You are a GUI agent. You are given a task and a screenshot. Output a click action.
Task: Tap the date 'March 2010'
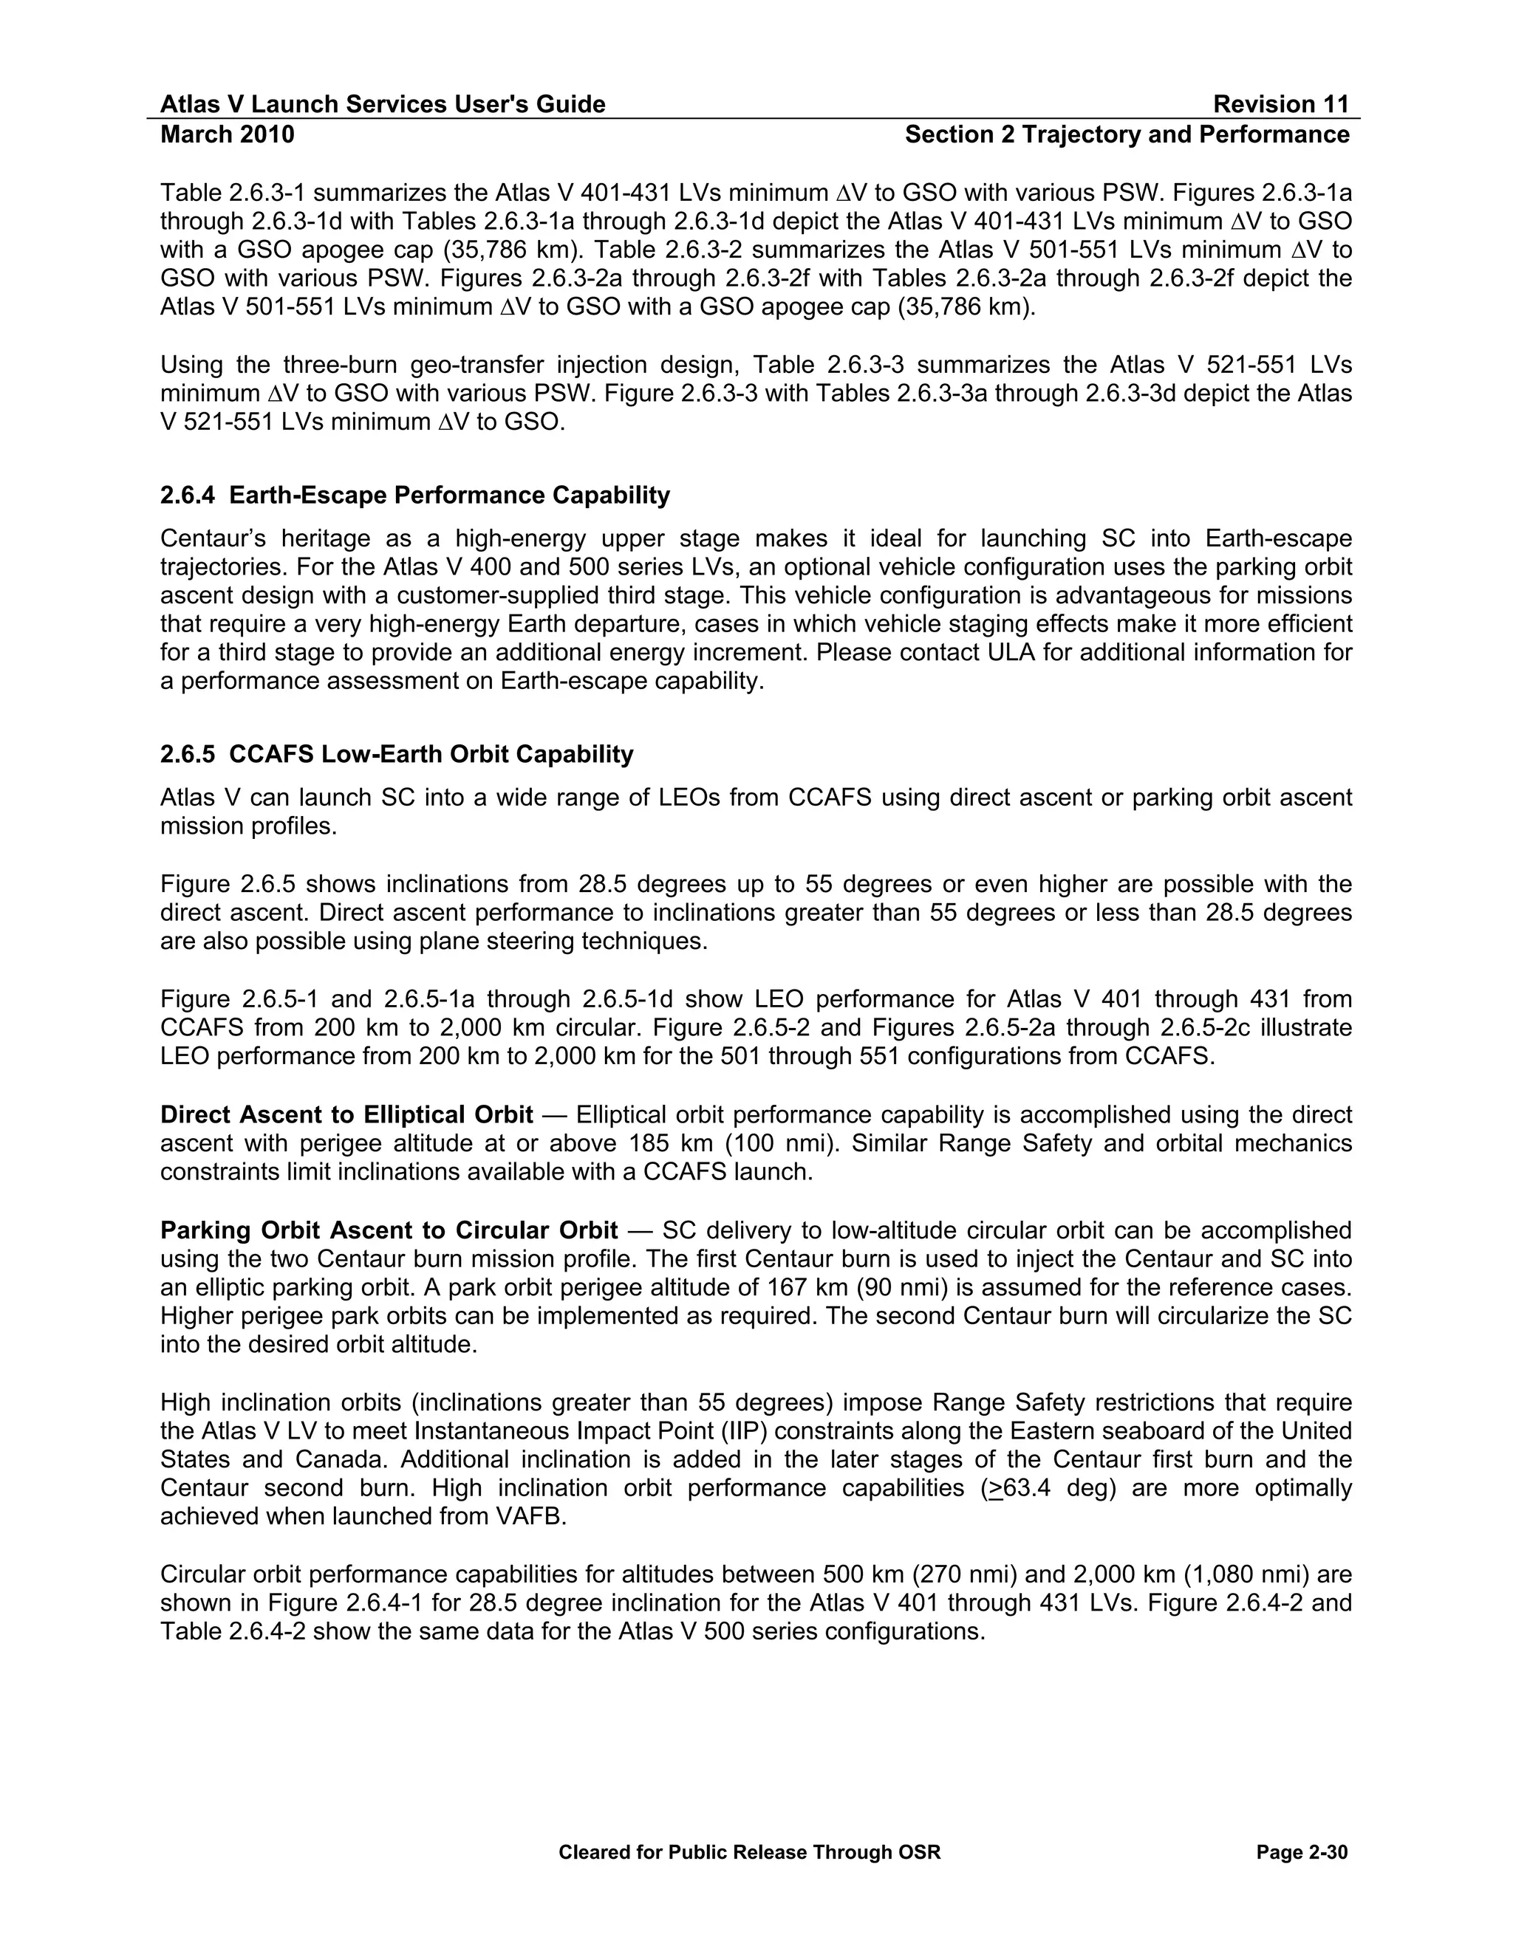(227, 134)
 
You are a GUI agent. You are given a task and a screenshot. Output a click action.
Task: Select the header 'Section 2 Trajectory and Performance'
(1127, 134)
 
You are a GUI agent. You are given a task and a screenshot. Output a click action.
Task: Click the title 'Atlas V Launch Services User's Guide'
(383, 105)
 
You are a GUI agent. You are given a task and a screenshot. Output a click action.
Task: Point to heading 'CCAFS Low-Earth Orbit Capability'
(431, 755)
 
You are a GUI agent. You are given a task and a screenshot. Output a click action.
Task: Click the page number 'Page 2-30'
(1302, 1852)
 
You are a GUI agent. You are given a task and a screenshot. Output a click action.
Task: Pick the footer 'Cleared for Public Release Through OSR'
(749, 1852)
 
